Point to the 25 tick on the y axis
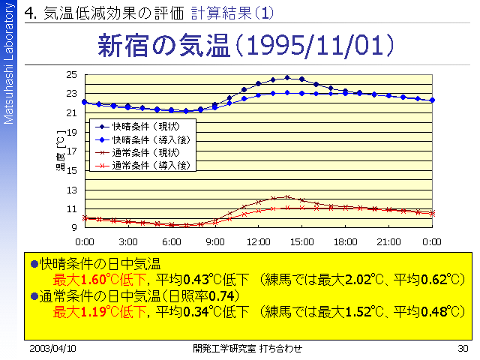tap(72, 74)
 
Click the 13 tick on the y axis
tap(72, 189)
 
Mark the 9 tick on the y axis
tap(74, 227)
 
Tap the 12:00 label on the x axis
tap(259, 241)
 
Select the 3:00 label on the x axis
tap(128, 241)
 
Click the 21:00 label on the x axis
tap(388, 241)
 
